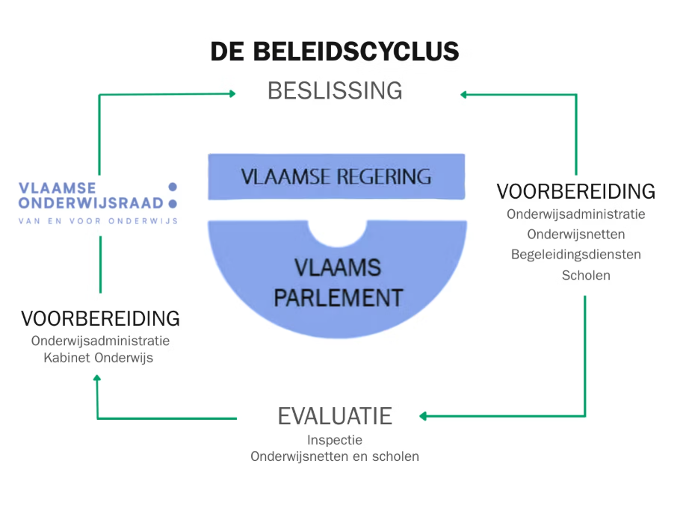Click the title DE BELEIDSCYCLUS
point(334,52)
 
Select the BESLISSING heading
point(335,91)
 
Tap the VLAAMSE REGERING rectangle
point(336,176)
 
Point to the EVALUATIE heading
point(335,416)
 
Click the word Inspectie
point(335,440)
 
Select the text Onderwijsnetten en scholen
point(335,456)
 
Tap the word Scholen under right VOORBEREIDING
point(586,275)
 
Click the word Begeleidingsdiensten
point(575,254)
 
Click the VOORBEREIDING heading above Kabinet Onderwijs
point(100,318)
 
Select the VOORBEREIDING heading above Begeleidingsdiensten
point(575,191)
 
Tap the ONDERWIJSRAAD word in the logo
point(90,202)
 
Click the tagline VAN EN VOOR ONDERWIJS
point(98,220)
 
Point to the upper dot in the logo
point(173,187)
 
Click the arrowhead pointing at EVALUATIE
point(423,416)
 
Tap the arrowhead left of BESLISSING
point(232,93)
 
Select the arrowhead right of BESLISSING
point(464,94)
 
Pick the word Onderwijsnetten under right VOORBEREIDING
point(575,234)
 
